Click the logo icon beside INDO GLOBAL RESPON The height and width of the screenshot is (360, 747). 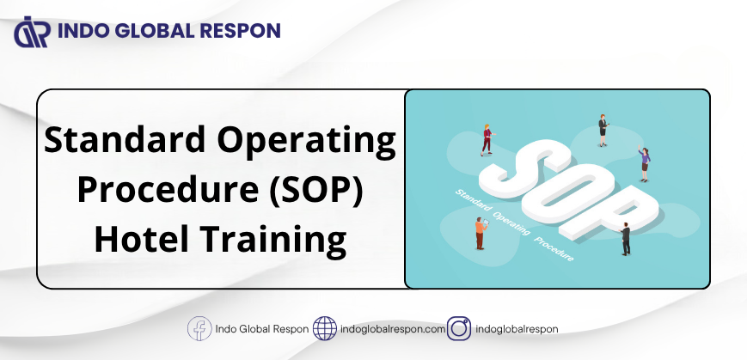click(33, 32)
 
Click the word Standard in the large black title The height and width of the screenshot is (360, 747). click(126, 140)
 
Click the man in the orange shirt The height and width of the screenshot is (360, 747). click(481, 233)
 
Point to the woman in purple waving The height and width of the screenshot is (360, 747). click(644, 164)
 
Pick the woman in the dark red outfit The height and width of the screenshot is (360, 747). click(487, 140)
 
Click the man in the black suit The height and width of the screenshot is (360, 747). click(625, 239)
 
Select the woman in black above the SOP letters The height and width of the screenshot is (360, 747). click(603, 131)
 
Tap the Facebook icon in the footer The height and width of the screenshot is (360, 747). click(199, 328)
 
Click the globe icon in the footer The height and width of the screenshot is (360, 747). click(324, 328)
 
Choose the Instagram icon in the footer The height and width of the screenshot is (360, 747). click(459, 328)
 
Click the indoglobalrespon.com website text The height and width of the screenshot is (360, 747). click(393, 329)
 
